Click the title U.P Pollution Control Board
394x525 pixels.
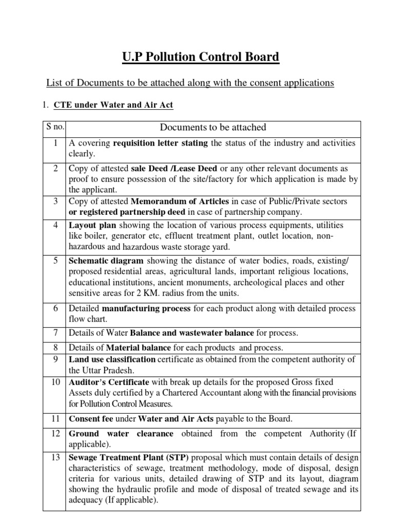click(x=201, y=57)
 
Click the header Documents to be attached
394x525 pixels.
click(x=213, y=128)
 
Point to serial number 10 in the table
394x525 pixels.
click(x=53, y=382)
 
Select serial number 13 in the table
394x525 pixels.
click(x=53, y=457)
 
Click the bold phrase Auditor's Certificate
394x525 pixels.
click(x=109, y=382)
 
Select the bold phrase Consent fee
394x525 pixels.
click(x=91, y=419)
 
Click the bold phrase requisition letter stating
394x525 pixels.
click(x=161, y=143)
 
